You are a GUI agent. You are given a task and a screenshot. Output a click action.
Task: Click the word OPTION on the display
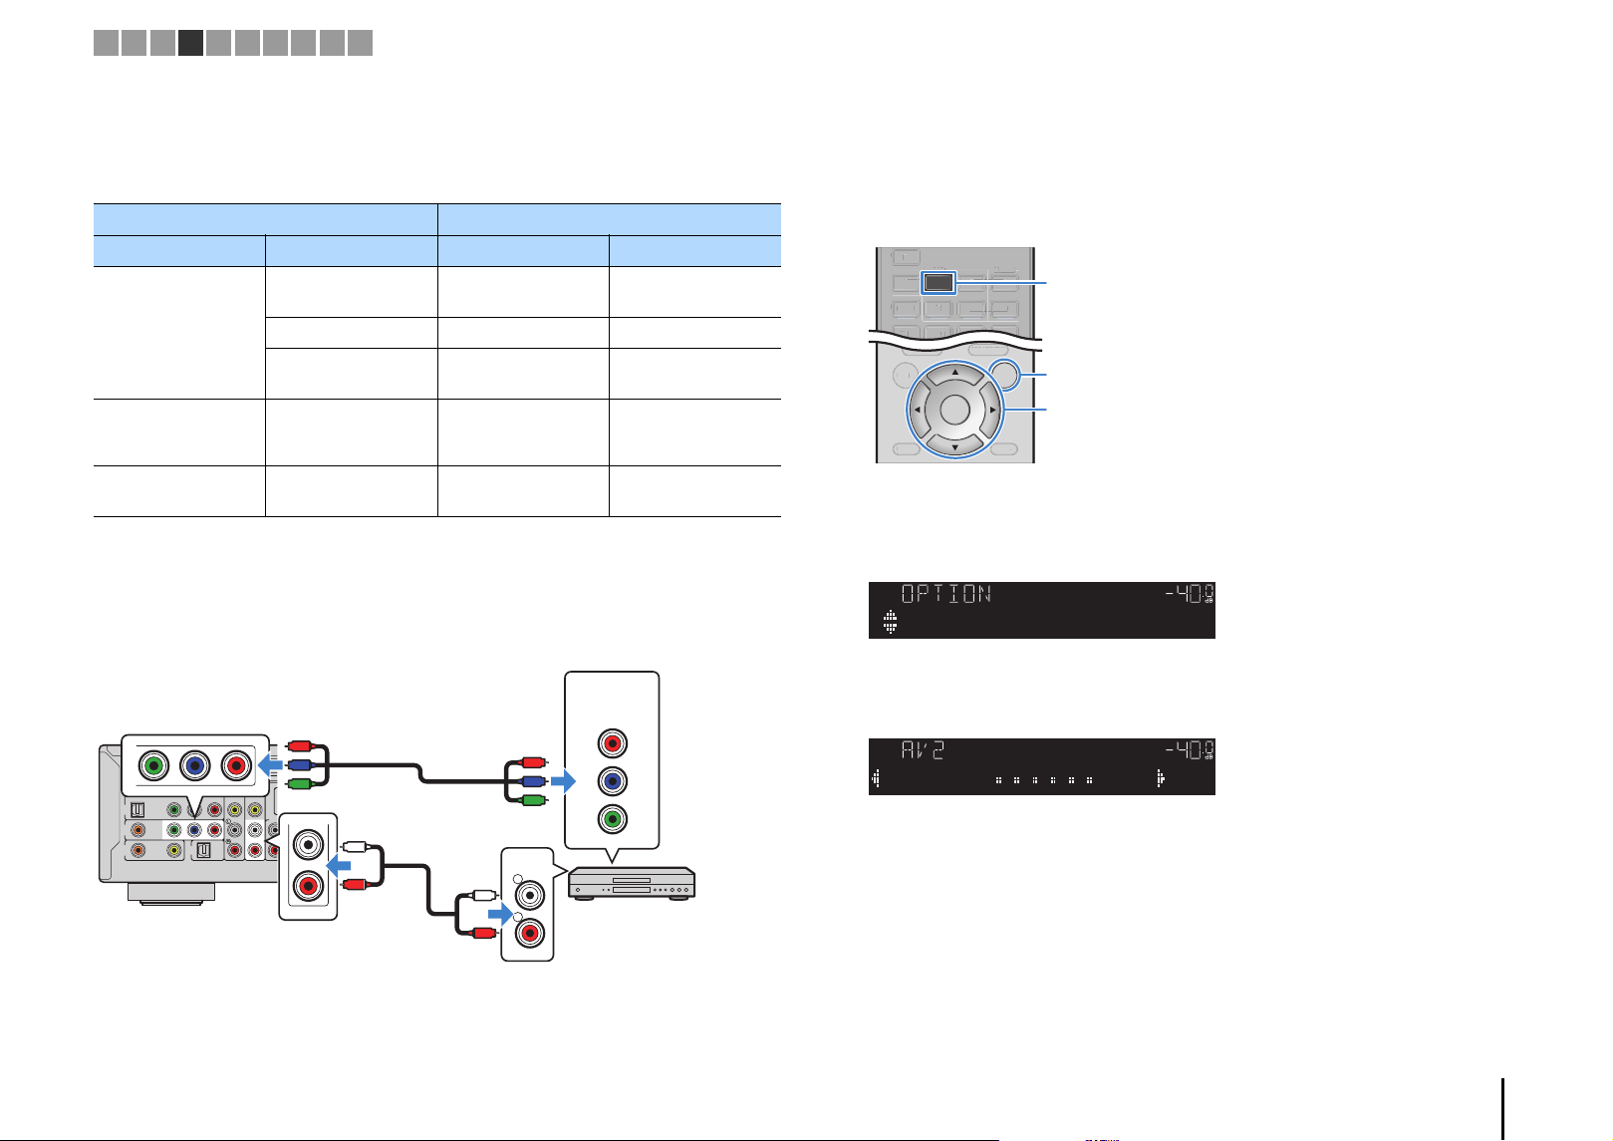pos(945,594)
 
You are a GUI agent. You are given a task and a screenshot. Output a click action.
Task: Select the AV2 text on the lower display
pos(923,750)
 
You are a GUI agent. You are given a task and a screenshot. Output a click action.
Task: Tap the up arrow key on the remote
pos(954,373)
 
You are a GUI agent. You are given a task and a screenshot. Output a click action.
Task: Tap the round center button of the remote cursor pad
pos(954,410)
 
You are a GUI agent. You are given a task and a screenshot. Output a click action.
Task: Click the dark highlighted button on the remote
pos(939,282)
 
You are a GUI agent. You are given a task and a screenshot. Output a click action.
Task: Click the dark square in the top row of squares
pos(191,43)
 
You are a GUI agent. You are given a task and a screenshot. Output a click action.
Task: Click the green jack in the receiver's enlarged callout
pos(153,765)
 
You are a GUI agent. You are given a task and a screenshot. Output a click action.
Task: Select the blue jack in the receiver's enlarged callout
pos(194,765)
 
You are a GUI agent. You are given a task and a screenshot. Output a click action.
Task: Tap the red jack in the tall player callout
pos(612,742)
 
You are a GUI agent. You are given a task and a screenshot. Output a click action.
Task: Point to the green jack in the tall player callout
pos(612,819)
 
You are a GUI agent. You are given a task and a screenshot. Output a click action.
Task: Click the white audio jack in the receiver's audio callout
pos(308,844)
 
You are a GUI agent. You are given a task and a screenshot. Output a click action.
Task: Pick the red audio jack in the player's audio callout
pos(530,934)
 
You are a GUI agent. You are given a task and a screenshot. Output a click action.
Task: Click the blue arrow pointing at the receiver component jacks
pos(270,765)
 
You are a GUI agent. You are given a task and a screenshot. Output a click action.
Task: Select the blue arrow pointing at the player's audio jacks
pos(500,915)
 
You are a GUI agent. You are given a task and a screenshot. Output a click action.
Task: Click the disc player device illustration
pos(632,884)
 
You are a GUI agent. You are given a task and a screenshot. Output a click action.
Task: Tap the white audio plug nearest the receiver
pos(356,847)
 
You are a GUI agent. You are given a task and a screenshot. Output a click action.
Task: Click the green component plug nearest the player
pos(532,799)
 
